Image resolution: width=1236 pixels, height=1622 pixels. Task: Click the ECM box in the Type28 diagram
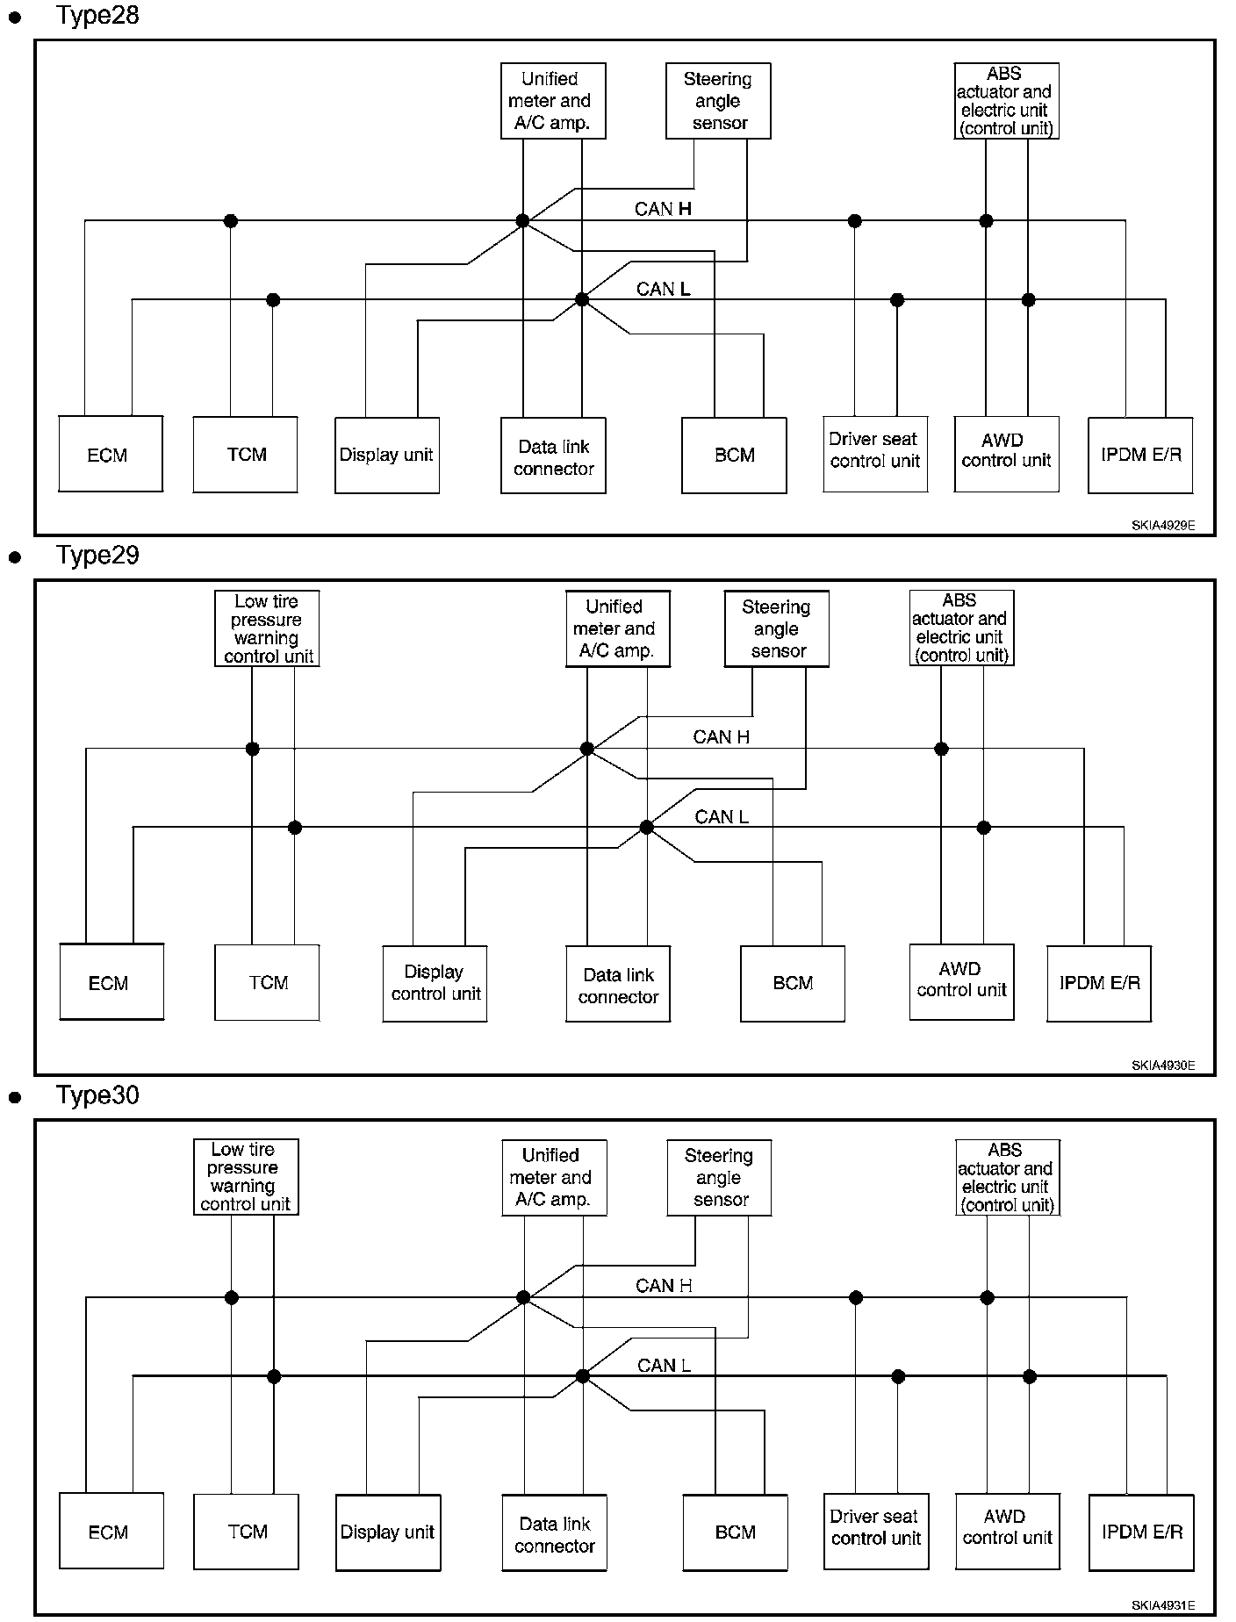tap(111, 454)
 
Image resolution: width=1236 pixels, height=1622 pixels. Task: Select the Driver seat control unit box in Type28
tap(875, 454)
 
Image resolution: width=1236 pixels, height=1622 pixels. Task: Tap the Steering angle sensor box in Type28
tap(718, 101)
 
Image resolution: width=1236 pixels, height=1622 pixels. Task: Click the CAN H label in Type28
tap(663, 209)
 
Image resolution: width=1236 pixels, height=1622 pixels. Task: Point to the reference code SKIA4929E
tap(1162, 526)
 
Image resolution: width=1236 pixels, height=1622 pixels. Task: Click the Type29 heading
tap(97, 556)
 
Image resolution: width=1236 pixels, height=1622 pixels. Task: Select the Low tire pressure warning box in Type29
tap(267, 628)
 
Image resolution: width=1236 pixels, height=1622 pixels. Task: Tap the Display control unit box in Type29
tap(435, 983)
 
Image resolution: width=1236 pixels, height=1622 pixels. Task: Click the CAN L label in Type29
tap(722, 817)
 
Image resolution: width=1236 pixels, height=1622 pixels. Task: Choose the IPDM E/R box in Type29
tap(1099, 983)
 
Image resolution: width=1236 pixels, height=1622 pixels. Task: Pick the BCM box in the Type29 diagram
tap(793, 983)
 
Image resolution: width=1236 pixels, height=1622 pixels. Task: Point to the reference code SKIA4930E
tap(1162, 1066)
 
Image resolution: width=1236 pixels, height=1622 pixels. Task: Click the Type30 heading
tap(97, 1095)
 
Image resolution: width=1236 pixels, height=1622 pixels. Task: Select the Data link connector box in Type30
tap(554, 1532)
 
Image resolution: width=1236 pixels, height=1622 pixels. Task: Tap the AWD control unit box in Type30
tap(1007, 1531)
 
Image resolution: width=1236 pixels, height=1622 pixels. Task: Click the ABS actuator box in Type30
tap(1008, 1177)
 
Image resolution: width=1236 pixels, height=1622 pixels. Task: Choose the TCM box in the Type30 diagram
tap(246, 1531)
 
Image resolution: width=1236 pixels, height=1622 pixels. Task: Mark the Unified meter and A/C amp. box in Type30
tap(554, 1178)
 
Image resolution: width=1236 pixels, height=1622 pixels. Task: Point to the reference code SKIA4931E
tap(1162, 1605)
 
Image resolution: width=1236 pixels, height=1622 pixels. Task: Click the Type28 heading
tap(97, 16)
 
